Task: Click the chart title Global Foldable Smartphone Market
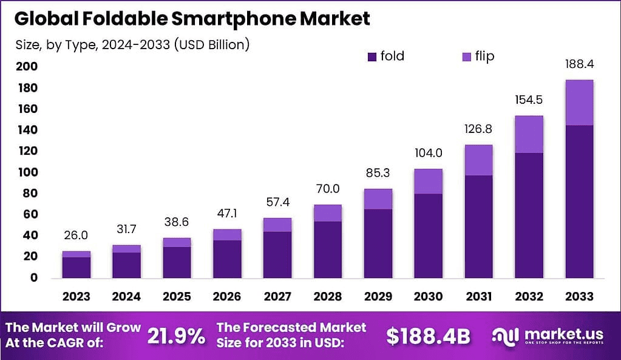[x=192, y=18]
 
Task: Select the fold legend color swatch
[x=372, y=57]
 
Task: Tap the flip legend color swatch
[x=467, y=57]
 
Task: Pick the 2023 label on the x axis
[x=76, y=297]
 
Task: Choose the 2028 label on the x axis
[x=327, y=297]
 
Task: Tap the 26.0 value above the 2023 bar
[x=76, y=235]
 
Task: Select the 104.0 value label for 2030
[x=428, y=153]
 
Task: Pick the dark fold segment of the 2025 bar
[x=177, y=262]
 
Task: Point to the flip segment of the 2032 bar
[x=528, y=134]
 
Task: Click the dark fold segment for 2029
[x=378, y=243]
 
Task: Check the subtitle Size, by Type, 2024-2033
[x=132, y=44]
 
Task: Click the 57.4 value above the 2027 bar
[x=277, y=202]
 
